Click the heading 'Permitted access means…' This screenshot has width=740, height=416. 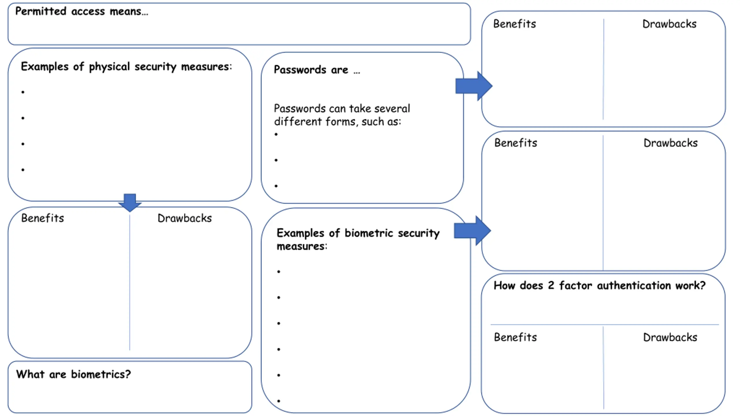[82, 11]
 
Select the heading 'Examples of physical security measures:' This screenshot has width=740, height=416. [126, 67]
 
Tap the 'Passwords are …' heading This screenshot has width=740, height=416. [317, 70]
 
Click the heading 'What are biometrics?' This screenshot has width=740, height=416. [73, 374]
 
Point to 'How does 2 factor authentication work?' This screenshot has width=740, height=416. [600, 285]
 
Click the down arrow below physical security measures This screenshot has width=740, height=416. [130, 203]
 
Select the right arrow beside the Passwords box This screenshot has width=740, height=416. [474, 86]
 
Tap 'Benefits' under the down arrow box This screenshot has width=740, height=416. [42, 218]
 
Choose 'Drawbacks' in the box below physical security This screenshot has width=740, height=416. [185, 218]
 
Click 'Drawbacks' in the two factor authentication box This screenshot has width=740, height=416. [670, 337]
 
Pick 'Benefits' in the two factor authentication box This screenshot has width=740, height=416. [515, 337]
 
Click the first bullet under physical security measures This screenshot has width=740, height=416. [23, 92]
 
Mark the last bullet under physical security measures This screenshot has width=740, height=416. [23, 170]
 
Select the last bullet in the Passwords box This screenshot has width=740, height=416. [276, 186]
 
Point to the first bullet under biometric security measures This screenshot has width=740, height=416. [279, 272]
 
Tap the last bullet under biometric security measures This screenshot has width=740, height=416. [279, 401]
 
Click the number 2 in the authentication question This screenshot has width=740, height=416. [551, 285]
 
